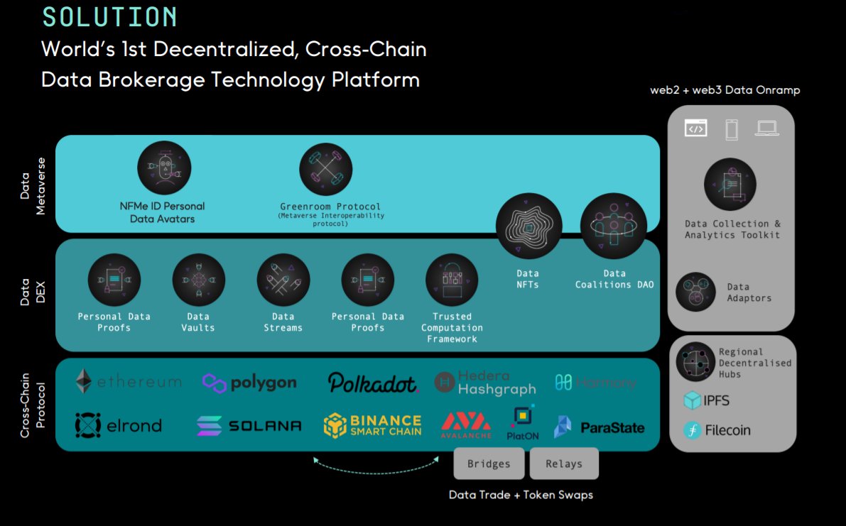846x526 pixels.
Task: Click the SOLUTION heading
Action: coord(109,17)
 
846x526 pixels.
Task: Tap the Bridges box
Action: coord(489,464)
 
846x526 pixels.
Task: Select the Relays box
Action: coord(564,464)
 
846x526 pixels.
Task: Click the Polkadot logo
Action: coord(373,383)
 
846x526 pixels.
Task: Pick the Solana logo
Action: coord(249,426)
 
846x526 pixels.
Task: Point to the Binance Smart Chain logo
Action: coord(373,425)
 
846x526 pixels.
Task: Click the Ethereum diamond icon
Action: coord(84,382)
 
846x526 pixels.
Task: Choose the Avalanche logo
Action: coord(466,424)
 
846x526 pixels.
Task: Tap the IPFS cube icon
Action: coord(693,401)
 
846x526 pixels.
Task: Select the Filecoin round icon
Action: coord(693,430)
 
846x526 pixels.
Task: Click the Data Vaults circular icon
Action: coord(198,280)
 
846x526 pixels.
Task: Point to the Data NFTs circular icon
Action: coord(528,226)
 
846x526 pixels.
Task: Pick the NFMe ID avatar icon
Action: coord(164,168)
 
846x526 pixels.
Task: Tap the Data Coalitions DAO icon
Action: coord(614,226)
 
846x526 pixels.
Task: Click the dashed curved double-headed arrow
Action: coord(376,466)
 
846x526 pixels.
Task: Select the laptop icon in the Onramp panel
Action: coord(767,128)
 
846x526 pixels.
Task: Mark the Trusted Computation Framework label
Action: coord(452,328)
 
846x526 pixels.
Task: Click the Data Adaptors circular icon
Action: coord(695,292)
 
